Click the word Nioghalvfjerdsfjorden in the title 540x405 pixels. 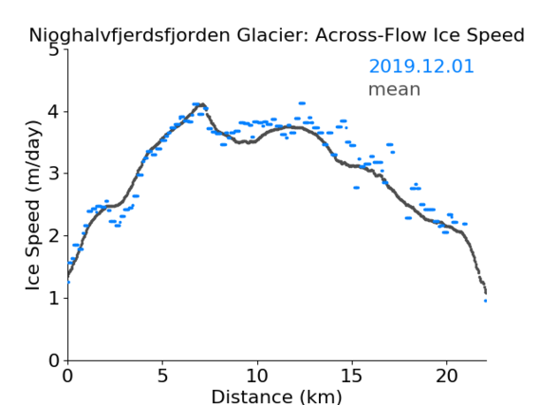129,36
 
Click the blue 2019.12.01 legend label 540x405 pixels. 421,66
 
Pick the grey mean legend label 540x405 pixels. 395,89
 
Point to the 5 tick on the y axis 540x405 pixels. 54,50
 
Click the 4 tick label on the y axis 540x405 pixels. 54,112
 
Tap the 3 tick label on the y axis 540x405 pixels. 54,174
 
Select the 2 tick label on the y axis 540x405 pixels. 54,236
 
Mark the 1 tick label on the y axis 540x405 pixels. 54,299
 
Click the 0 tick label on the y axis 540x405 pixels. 54,360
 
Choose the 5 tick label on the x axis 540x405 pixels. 162,376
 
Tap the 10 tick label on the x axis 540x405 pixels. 257,376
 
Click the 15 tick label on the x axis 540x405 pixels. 352,376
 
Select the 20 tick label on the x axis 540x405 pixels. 447,376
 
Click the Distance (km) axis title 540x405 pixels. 276,396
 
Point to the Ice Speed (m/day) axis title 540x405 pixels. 33,205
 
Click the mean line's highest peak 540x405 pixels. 202,103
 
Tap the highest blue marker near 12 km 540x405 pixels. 302,103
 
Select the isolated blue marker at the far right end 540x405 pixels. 486,301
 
